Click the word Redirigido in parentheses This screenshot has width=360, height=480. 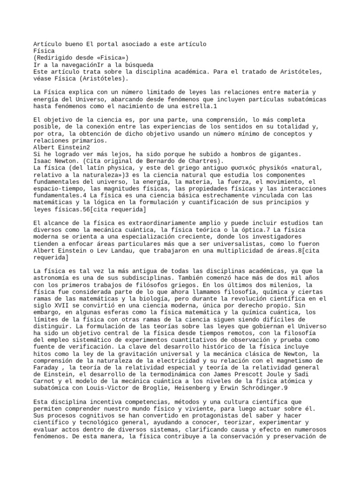click(56, 57)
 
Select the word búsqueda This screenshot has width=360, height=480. click(139, 64)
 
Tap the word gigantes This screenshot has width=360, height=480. click(285, 154)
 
